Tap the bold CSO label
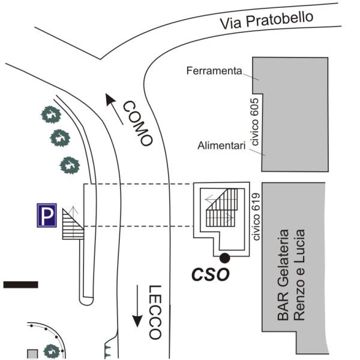pos(211,275)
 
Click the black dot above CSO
pos(224,258)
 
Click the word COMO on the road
pos(139,124)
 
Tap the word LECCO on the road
pos(155,312)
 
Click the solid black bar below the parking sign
pos(20,284)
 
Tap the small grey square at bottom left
pos(32,353)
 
